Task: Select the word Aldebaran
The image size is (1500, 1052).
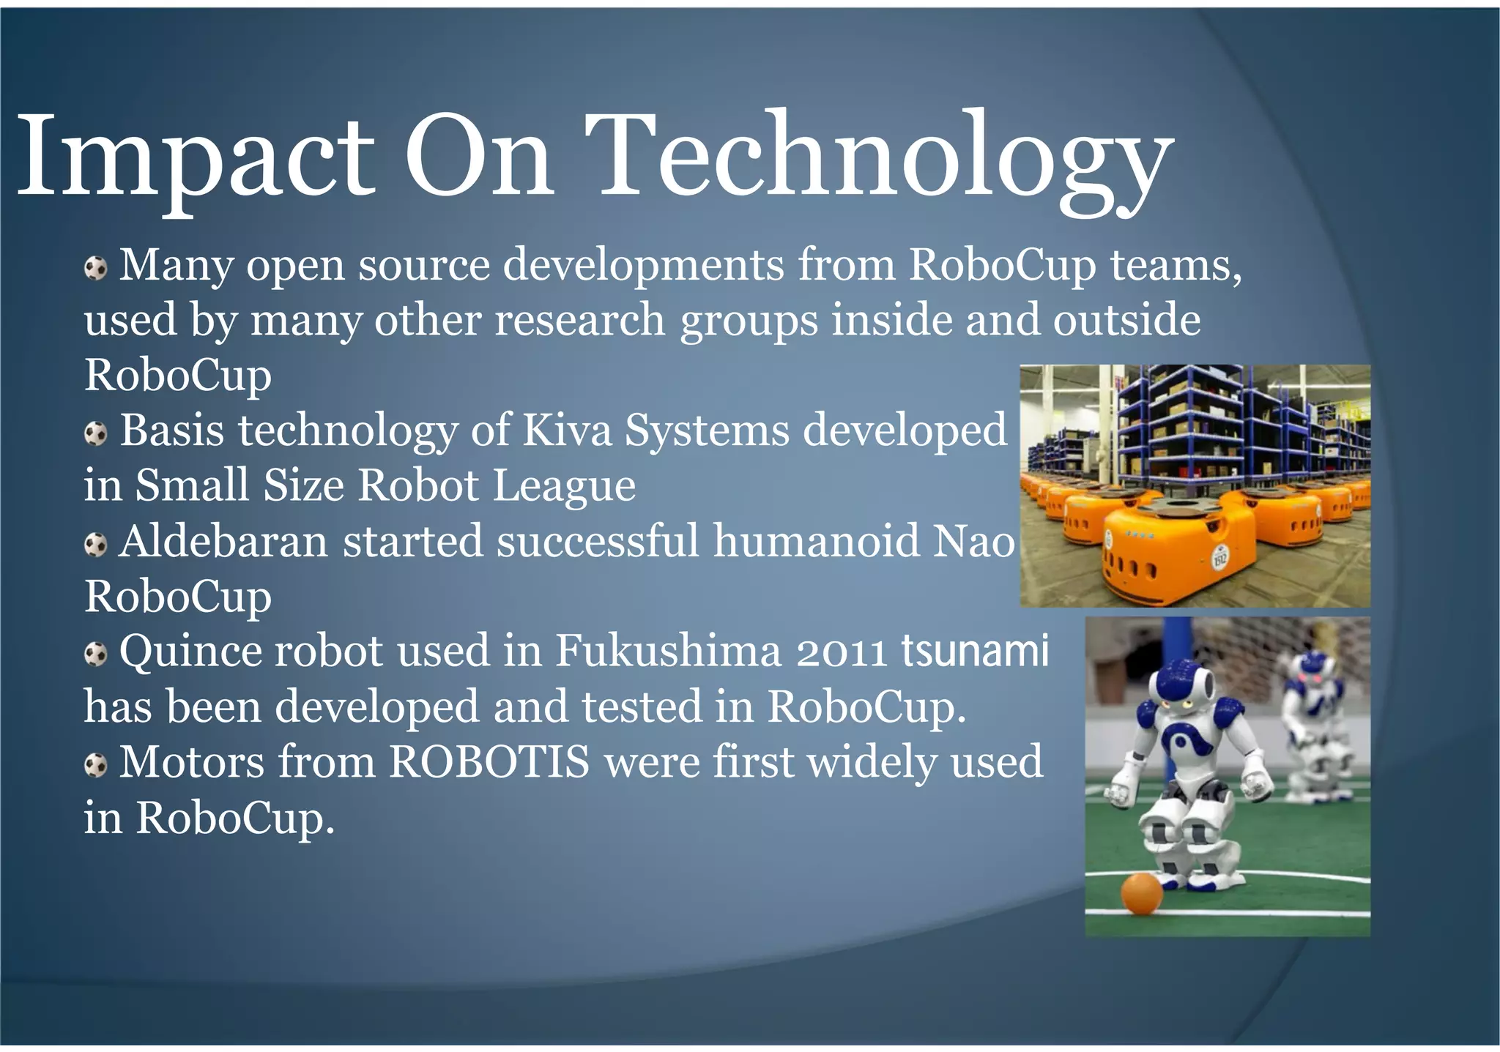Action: (223, 541)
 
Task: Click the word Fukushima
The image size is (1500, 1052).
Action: (668, 650)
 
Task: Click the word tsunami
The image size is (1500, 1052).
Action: (975, 649)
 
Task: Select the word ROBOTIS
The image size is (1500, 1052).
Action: (489, 762)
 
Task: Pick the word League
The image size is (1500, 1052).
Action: (564, 486)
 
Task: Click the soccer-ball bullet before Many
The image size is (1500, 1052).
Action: (95, 268)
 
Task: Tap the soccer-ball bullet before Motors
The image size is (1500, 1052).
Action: (95, 766)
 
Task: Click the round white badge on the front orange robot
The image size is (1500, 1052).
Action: (1219, 559)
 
